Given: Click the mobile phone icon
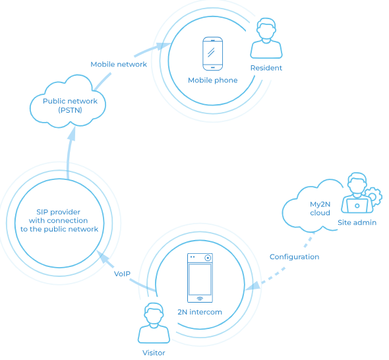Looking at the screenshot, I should pos(213,54).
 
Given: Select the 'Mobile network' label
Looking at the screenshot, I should pos(119,65).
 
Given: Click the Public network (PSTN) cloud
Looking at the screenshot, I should pos(69,105).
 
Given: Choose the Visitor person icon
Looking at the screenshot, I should pos(154,323).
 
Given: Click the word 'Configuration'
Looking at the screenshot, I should pos(294,256).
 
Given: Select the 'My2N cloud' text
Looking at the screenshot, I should pos(320,208).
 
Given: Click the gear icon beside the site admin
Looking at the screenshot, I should pos(374,196).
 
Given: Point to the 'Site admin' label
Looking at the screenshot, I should pos(357,223).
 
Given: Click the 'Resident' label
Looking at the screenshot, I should pos(266,68).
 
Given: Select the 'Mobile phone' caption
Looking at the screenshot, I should pos(213,80).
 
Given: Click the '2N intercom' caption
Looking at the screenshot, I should pos(200,311).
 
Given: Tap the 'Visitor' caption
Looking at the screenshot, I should pos(154,353).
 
